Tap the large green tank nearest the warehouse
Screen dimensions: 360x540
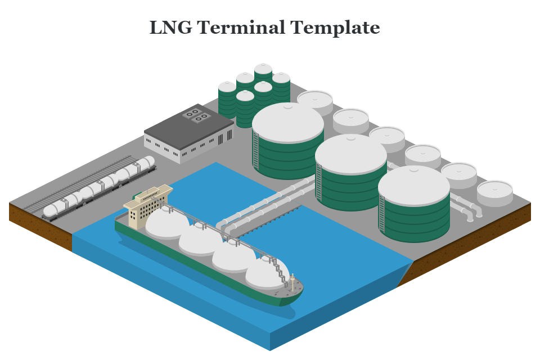click(287, 141)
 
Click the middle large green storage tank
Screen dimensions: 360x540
click(350, 172)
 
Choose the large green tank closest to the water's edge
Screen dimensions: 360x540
click(413, 204)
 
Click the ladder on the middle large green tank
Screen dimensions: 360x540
click(318, 182)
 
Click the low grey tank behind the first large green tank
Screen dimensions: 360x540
click(315, 100)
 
